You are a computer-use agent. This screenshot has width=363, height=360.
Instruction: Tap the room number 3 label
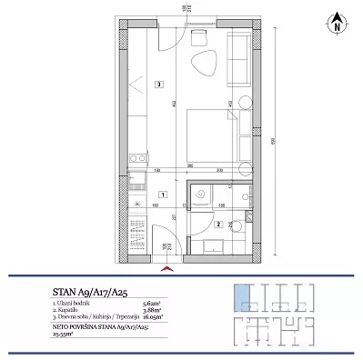(x=158, y=85)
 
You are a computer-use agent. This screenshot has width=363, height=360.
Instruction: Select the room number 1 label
(x=161, y=194)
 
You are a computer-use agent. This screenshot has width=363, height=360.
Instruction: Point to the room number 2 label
(x=218, y=224)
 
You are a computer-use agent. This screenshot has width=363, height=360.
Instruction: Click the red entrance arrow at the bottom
(x=165, y=268)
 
